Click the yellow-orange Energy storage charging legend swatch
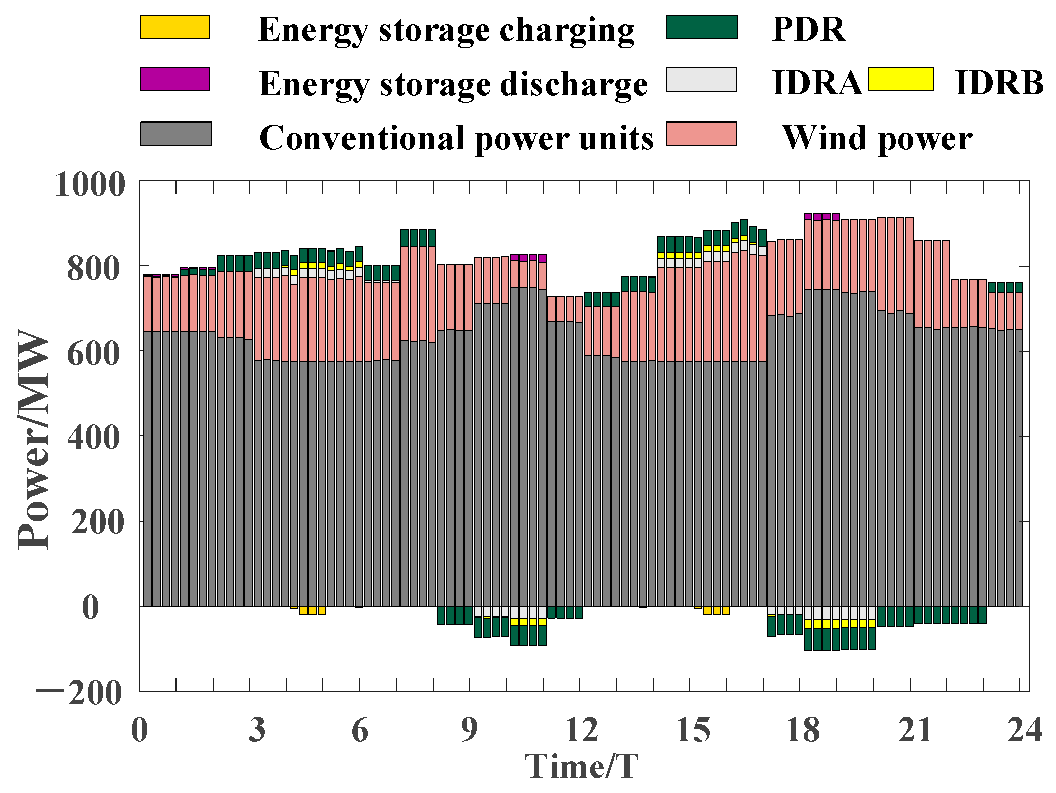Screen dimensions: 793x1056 (x=175, y=27)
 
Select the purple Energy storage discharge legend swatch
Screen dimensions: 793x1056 (x=175, y=79)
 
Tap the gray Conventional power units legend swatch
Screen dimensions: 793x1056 (x=176, y=134)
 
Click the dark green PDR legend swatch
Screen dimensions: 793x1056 (x=701, y=27)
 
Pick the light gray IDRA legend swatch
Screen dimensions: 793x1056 (x=701, y=80)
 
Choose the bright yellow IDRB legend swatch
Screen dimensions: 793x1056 (x=901, y=79)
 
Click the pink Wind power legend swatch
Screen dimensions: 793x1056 (x=701, y=134)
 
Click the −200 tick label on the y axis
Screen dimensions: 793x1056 (x=79, y=693)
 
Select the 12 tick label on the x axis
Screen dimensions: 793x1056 (x=581, y=730)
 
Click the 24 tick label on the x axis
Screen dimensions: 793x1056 (x=1024, y=730)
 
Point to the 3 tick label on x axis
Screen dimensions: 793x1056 (x=257, y=730)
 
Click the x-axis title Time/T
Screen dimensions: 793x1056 (x=582, y=766)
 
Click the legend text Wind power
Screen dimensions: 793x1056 (x=877, y=138)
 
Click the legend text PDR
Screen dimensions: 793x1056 (x=808, y=30)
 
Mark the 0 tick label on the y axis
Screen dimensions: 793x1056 (x=91, y=607)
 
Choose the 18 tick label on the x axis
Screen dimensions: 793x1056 (x=802, y=730)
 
